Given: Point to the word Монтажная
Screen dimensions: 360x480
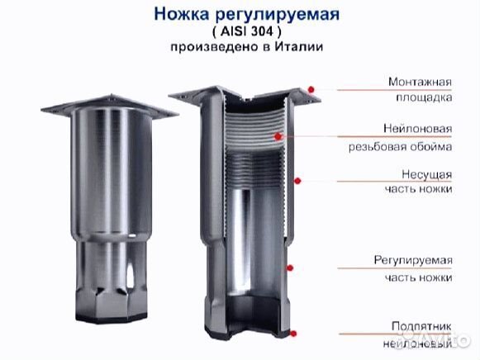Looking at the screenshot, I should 419,82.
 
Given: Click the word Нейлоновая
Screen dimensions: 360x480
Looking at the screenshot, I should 418,130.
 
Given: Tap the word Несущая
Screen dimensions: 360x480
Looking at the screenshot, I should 427,174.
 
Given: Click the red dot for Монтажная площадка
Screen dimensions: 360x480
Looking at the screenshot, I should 311,89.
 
